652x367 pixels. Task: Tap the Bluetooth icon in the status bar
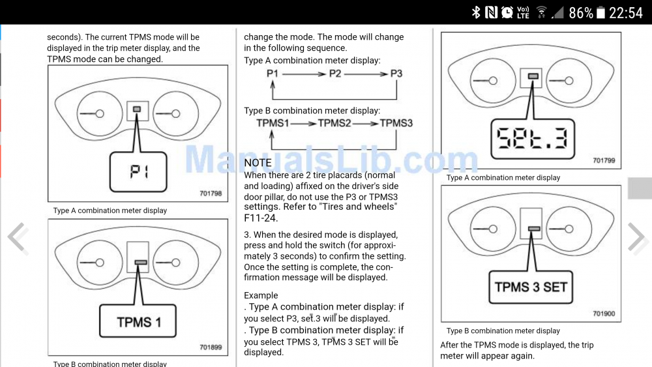click(x=476, y=12)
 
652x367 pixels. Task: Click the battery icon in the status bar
click(x=600, y=12)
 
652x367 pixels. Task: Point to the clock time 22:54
click(x=626, y=13)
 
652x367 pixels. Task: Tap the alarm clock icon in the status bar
click(x=507, y=12)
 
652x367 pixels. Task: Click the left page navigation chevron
click(x=18, y=237)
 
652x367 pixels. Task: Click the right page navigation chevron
click(x=636, y=237)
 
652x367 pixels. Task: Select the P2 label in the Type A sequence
click(x=335, y=74)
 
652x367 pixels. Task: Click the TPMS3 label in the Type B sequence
click(x=396, y=123)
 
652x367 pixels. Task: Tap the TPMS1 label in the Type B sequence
click(x=273, y=123)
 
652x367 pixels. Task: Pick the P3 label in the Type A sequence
click(x=396, y=74)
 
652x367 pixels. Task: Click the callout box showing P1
click(x=138, y=171)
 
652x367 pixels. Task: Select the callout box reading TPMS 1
click(x=138, y=321)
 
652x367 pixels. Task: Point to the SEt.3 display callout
click(x=533, y=139)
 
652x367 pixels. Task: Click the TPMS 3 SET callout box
click(x=531, y=287)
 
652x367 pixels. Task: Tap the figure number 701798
click(x=211, y=193)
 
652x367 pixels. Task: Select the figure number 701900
click(x=604, y=314)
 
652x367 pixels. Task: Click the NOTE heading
click(x=258, y=162)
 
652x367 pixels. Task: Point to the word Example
click(x=261, y=295)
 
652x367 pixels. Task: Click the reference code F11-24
click(x=261, y=218)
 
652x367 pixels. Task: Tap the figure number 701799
click(x=604, y=160)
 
